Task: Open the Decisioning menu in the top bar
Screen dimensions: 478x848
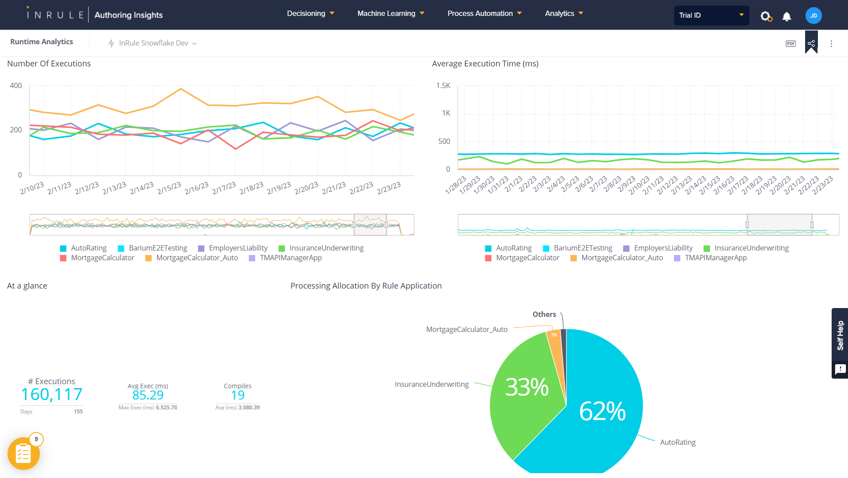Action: [310, 14]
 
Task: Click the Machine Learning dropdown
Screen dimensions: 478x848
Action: [391, 14]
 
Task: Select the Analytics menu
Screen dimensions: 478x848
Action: [564, 14]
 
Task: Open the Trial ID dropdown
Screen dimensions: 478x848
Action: [711, 15]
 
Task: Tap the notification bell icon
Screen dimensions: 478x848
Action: [787, 17]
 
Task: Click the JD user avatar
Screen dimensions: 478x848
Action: [813, 15]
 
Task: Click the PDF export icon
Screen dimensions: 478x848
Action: [790, 43]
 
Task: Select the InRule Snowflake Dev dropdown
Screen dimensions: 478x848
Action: [153, 43]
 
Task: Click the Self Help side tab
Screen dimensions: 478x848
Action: [840, 335]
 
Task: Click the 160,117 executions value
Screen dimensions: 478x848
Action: [52, 394]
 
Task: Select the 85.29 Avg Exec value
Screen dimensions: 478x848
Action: [148, 395]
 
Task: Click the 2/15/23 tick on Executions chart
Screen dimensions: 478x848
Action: [169, 188]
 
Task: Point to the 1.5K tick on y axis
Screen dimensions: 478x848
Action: [443, 85]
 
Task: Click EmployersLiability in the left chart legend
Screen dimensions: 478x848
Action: [238, 248]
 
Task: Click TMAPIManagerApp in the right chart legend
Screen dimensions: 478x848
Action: [715, 258]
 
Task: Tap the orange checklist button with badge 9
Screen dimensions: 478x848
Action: [23, 454]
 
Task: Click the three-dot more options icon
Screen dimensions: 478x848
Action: [831, 43]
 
